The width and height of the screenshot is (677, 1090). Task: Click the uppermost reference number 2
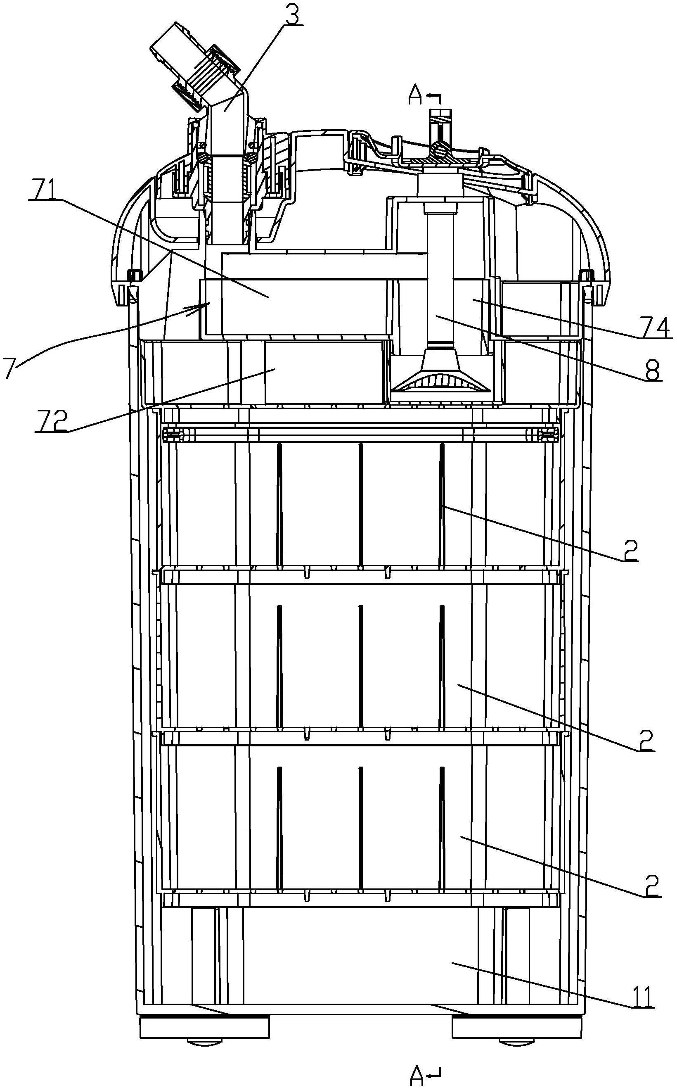coord(630,551)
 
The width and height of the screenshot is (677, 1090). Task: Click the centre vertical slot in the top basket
coord(360,504)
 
